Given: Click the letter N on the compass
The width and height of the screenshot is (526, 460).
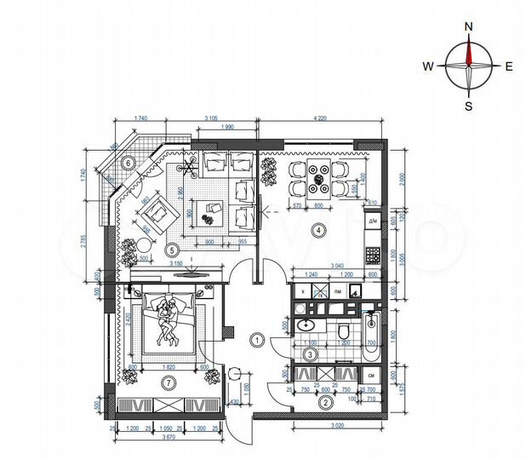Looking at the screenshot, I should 468,26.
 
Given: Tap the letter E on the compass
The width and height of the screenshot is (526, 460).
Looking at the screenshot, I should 509,66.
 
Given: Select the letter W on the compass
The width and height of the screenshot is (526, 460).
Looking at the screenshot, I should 429,66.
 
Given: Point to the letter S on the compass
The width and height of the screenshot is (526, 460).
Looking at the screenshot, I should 468,106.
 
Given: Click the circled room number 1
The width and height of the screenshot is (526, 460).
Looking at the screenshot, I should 256,339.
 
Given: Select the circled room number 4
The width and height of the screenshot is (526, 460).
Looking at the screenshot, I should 317,228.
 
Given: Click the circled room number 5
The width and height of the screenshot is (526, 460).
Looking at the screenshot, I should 171,250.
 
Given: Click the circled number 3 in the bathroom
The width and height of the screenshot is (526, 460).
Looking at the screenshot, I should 312,354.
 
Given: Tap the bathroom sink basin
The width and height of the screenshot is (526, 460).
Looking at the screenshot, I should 306,326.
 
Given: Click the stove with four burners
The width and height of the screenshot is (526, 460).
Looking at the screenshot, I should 372,254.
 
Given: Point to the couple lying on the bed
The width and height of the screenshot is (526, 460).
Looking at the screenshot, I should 166,321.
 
